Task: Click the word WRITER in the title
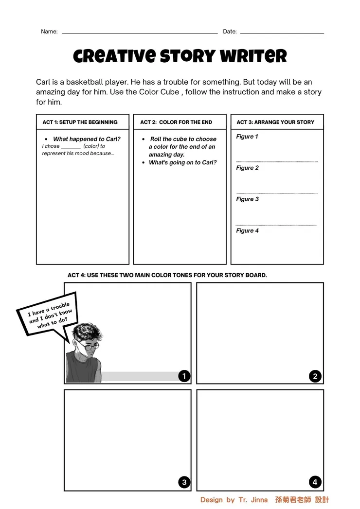click(253, 56)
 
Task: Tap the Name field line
click(140, 33)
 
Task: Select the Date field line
click(282, 33)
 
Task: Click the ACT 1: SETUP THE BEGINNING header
click(80, 122)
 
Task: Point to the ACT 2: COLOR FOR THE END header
click(176, 122)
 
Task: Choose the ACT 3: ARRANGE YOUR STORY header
click(275, 122)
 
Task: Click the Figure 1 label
click(247, 137)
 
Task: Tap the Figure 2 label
click(247, 168)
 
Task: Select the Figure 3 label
click(247, 199)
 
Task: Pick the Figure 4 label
click(247, 230)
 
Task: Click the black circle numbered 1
click(184, 376)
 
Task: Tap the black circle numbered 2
click(315, 376)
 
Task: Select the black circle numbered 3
click(184, 482)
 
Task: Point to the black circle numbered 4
click(315, 482)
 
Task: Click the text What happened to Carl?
click(87, 139)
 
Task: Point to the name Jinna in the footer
click(258, 500)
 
